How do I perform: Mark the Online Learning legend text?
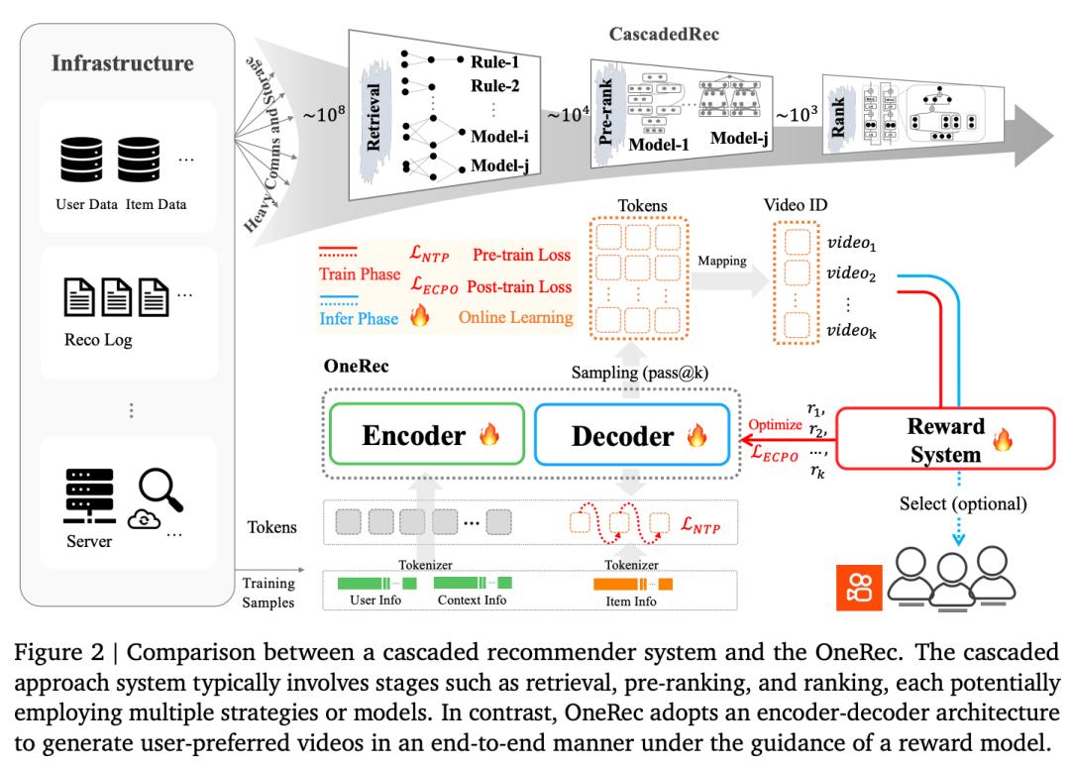515,318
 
